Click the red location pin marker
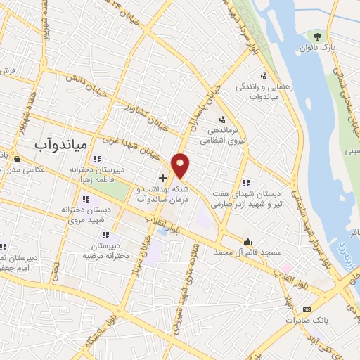pos(181,165)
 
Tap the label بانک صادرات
pos(303,320)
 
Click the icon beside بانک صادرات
pos(306,309)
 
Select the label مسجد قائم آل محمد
pos(222,251)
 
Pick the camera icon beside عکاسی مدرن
pos(15,158)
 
